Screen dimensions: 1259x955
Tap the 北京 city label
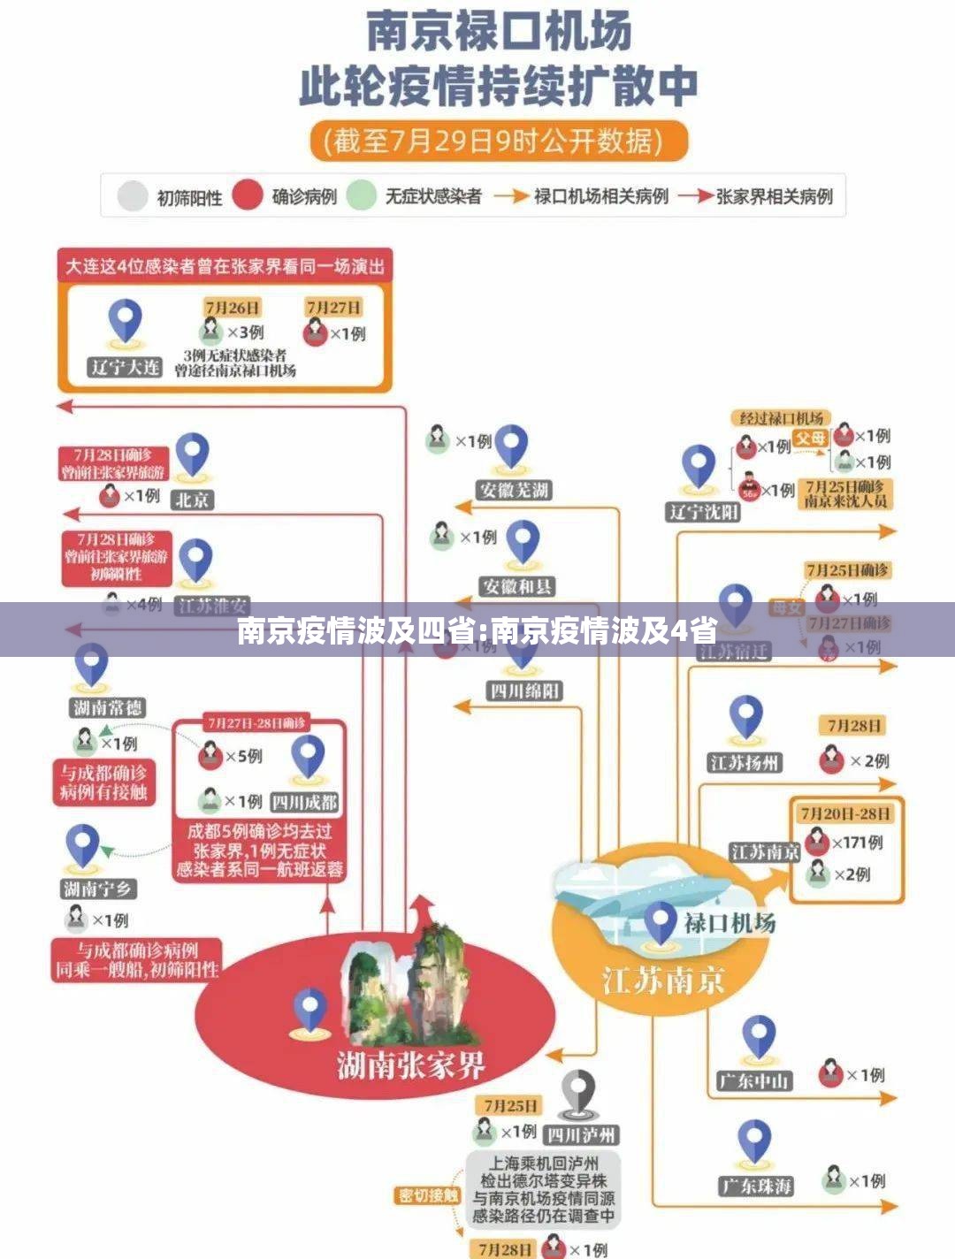tap(193, 500)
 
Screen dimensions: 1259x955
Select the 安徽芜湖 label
tap(514, 491)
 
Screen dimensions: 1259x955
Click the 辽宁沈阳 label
tap(703, 512)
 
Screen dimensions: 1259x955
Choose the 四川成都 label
tap(305, 803)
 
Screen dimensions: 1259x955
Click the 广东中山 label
tap(754, 1080)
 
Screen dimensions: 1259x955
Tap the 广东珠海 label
tap(756, 1186)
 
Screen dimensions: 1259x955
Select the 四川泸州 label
tap(580, 1134)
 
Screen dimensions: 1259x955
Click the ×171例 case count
tap(857, 843)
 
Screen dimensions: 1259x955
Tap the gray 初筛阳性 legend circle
tap(132, 196)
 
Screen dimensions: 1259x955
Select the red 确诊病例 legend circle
tap(248, 195)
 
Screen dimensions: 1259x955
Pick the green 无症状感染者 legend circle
tap(362, 195)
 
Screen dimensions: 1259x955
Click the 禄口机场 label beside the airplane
tap(730, 923)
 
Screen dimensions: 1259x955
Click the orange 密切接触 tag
tap(428, 1196)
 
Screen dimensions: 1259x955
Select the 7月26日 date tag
tap(233, 308)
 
